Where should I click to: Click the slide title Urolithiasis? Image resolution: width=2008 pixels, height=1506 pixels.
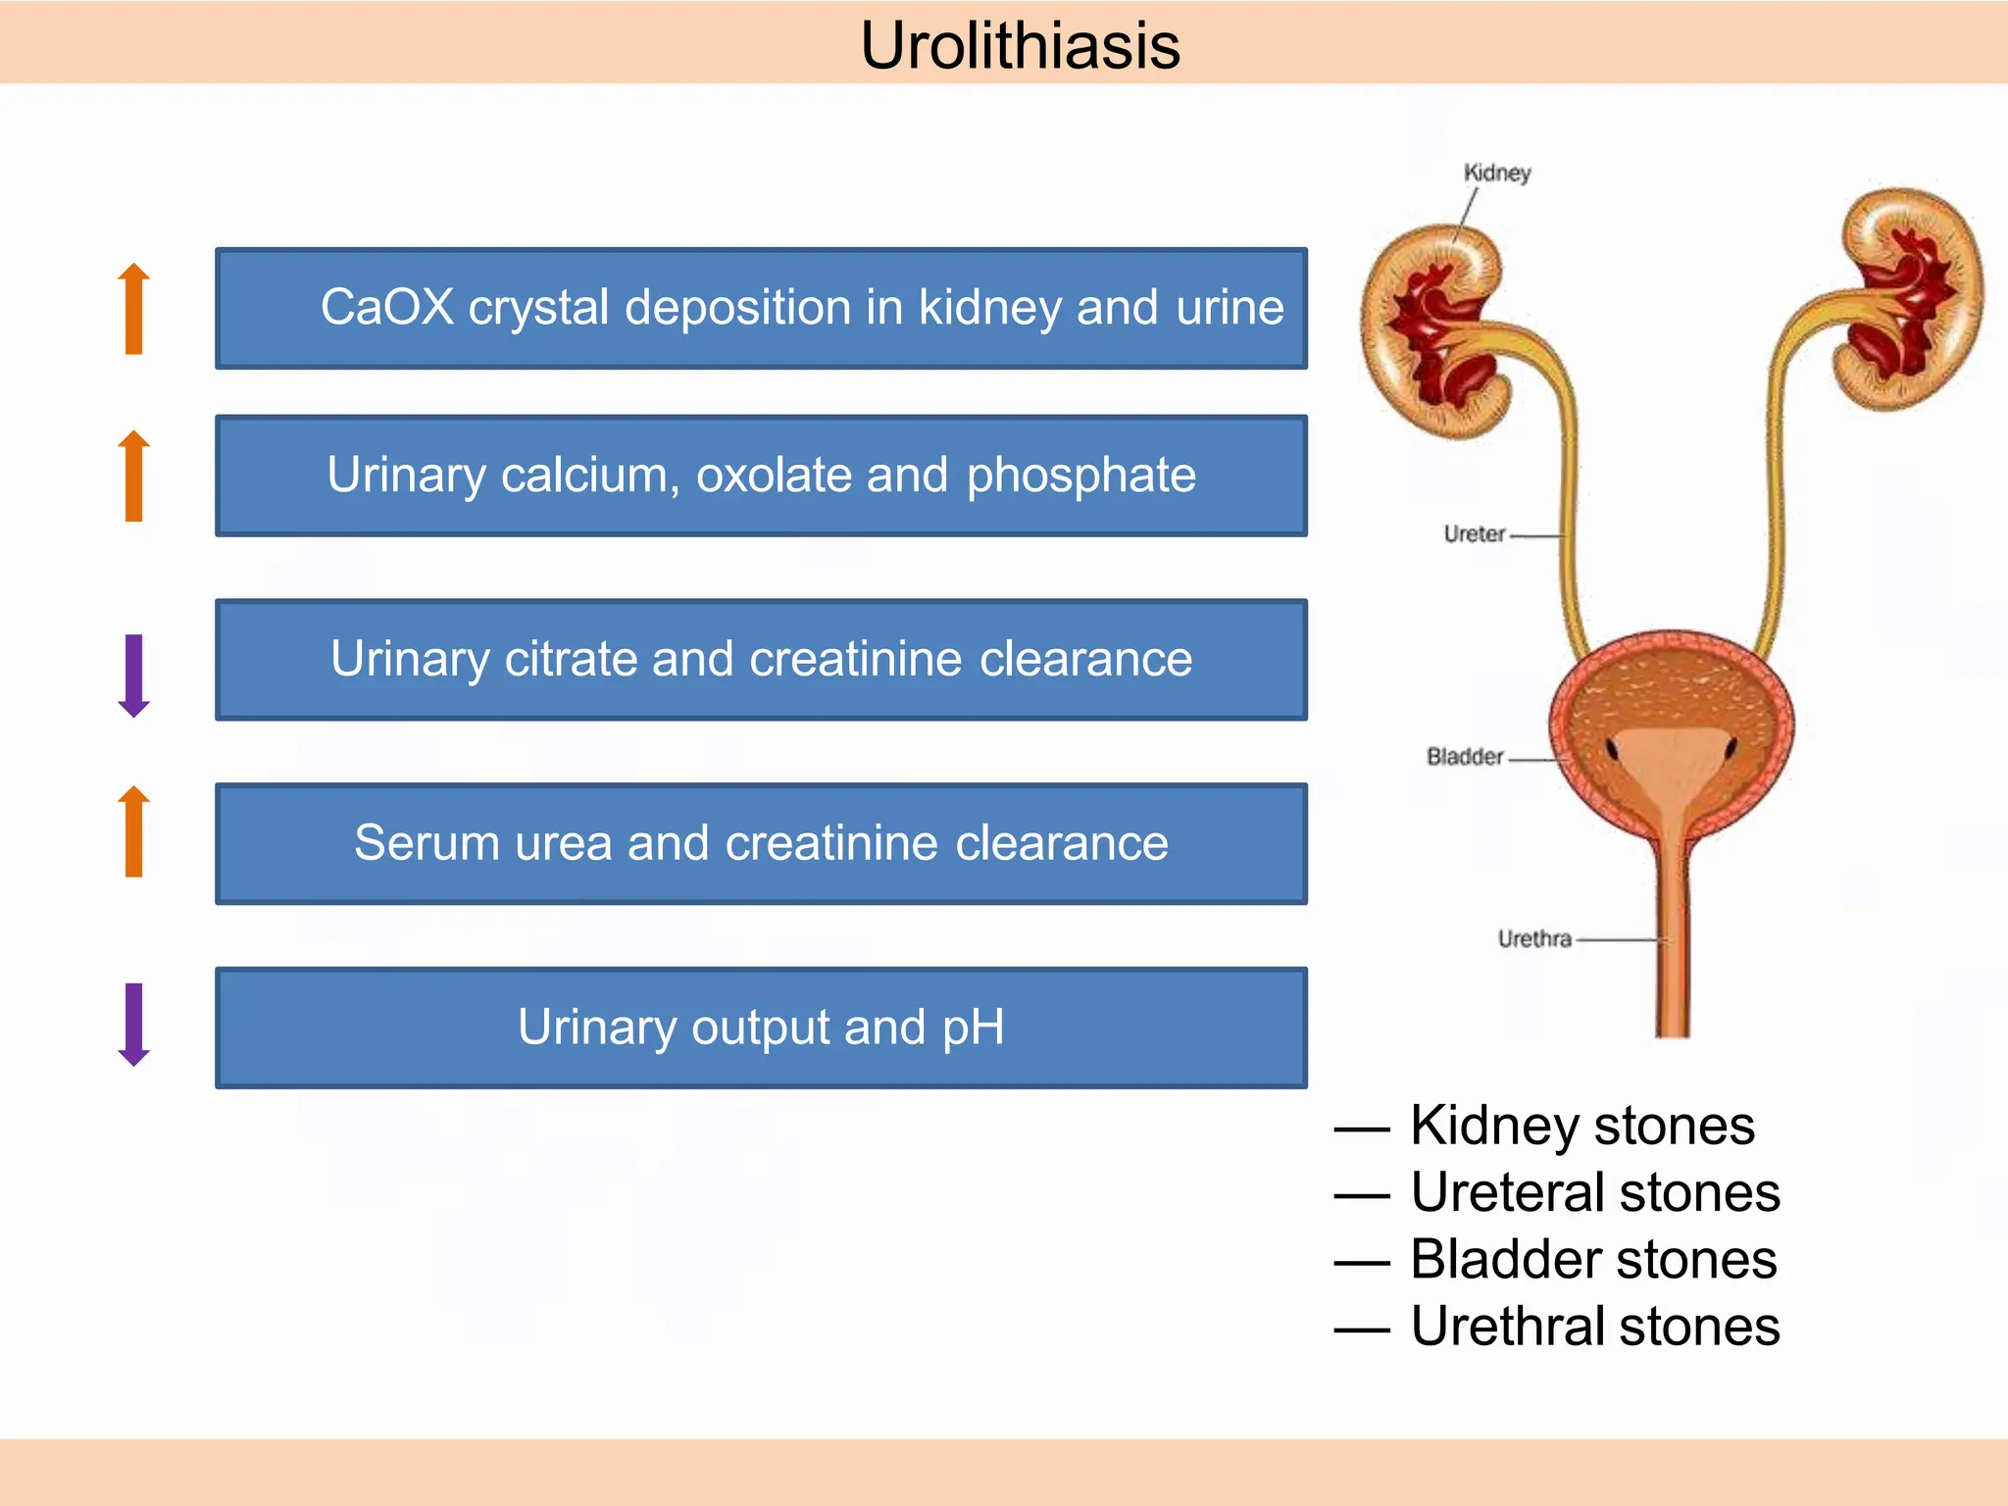(1020, 45)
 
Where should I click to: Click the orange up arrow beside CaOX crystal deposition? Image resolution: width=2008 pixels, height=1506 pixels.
(134, 308)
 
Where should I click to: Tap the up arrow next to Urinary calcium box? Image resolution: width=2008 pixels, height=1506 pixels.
(134, 476)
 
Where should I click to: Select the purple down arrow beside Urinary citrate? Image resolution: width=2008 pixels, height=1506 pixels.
(134, 675)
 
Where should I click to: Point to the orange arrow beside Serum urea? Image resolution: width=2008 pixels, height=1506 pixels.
(134, 830)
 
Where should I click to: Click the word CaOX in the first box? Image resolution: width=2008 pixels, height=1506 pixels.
(387, 307)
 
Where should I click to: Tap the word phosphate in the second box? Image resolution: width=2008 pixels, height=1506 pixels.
(1080, 476)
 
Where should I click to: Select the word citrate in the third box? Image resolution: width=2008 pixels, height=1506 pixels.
(569, 659)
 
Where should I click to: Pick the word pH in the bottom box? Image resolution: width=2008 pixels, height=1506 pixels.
(973, 1028)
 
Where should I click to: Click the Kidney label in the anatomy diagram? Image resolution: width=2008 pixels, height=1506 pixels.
(1496, 173)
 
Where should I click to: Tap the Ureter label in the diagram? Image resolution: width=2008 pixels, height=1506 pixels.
(1474, 534)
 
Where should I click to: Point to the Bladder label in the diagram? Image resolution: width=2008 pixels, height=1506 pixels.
(1464, 757)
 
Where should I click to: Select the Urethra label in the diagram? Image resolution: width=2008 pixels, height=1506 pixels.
(1533, 939)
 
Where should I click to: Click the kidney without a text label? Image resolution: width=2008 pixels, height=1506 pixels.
(1912, 299)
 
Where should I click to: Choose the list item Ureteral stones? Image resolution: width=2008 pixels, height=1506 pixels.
(1594, 1192)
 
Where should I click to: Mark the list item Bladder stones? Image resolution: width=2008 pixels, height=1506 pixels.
(1592, 1259)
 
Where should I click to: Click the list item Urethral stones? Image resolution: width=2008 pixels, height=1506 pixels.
(1594, 1327)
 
